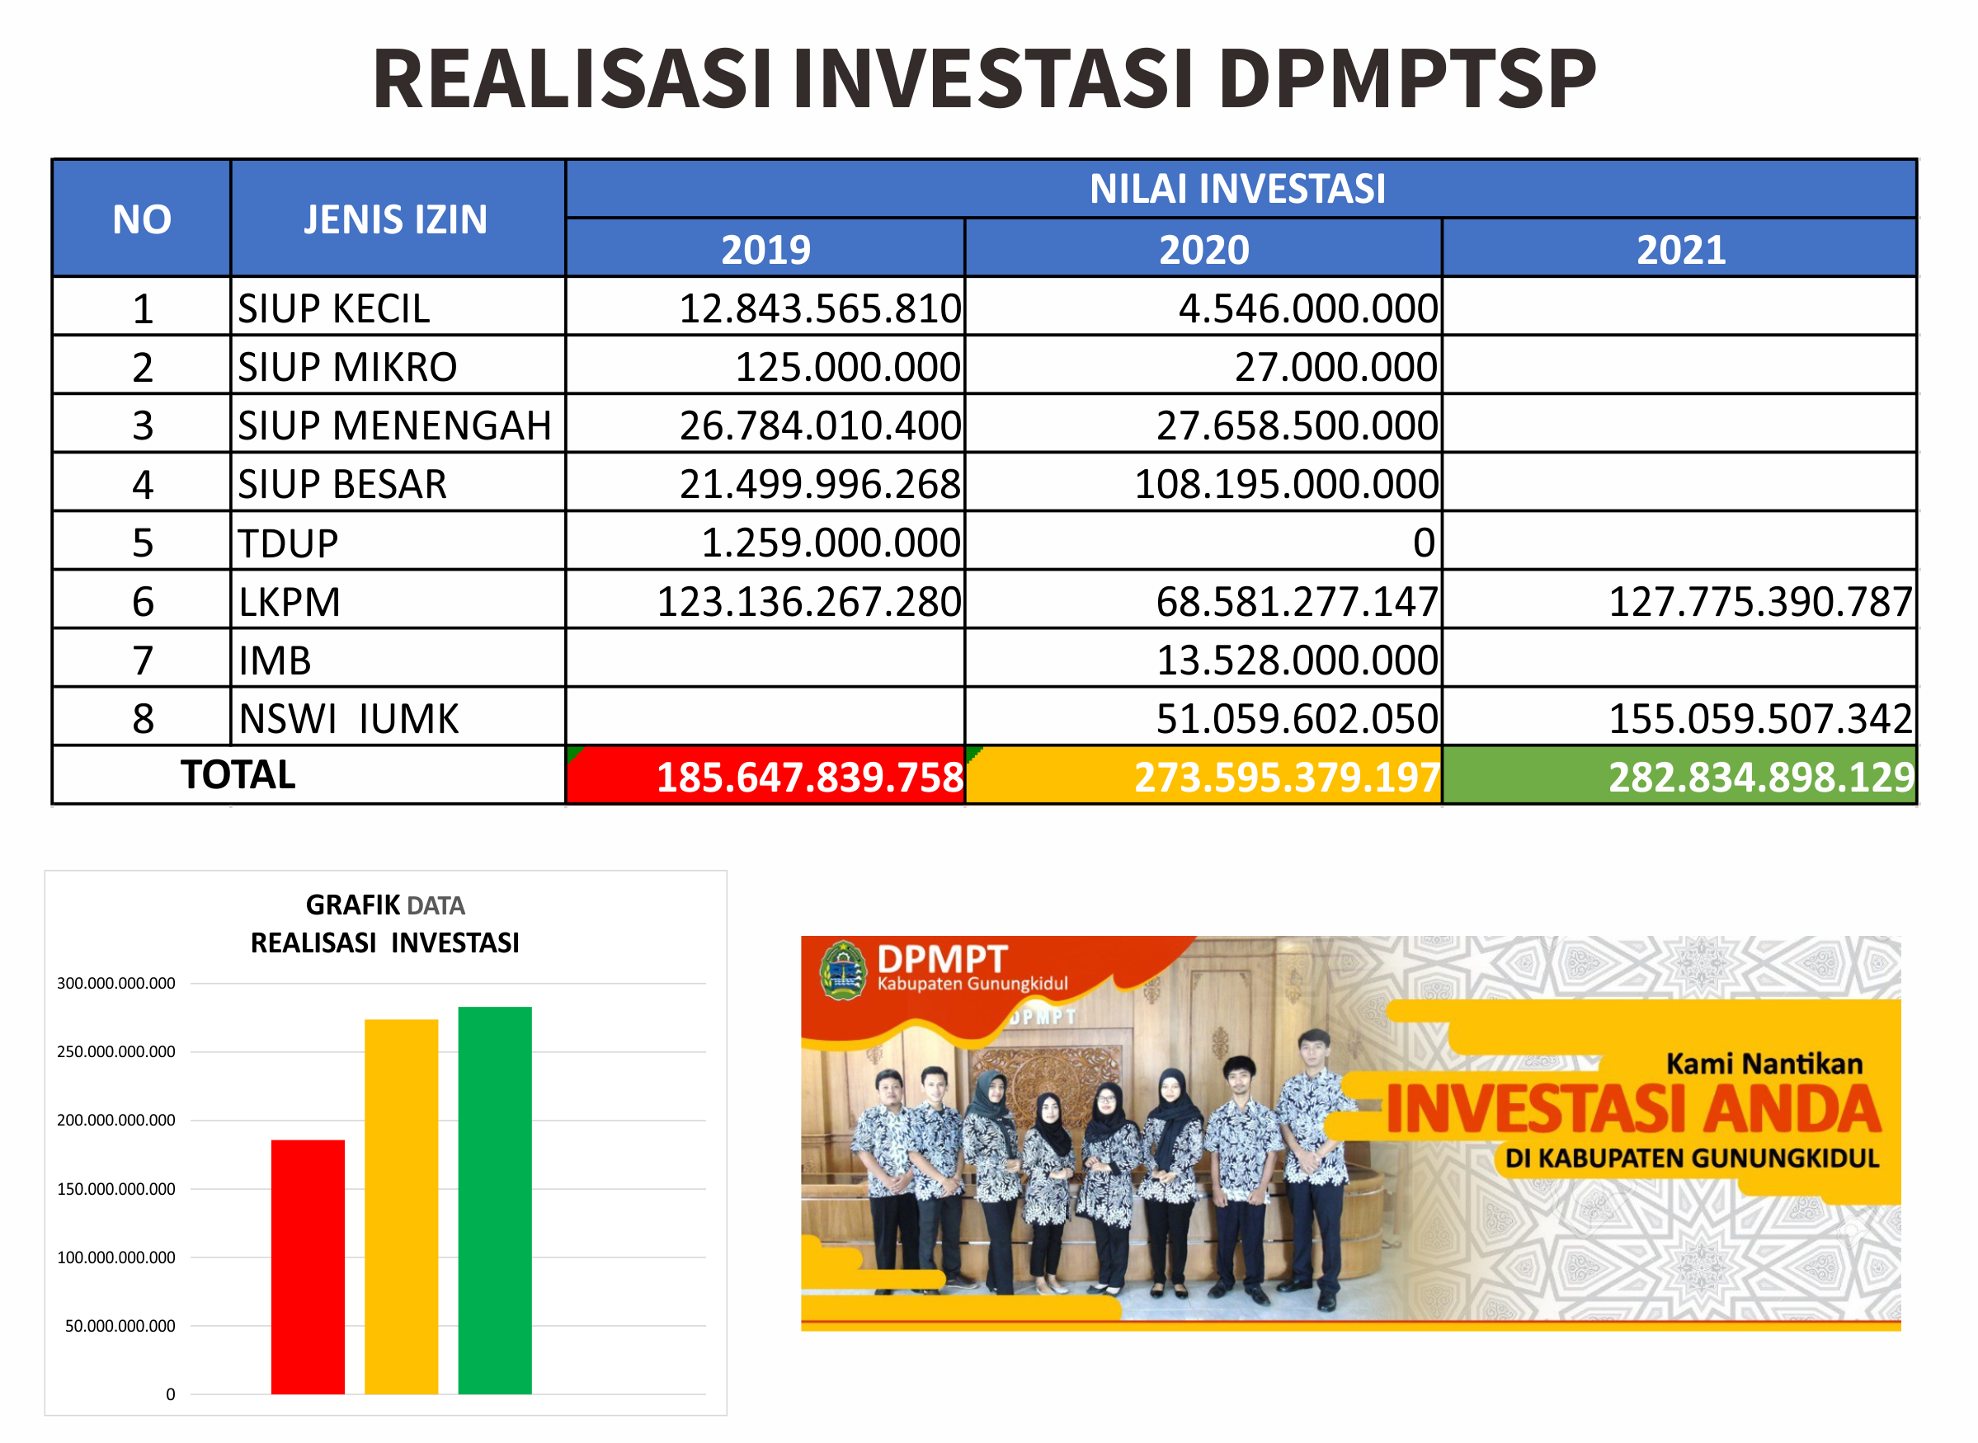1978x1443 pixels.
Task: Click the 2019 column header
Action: coord(766,250)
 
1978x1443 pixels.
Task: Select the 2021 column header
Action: coord(1682,250)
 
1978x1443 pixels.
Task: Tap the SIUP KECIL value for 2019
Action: coord(821,308)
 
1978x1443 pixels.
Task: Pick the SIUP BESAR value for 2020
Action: coord(1286,484)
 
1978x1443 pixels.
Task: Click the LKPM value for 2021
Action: coord(1761,602)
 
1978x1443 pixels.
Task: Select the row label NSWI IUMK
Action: coord(349,719)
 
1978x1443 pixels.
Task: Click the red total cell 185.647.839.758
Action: coord(766,776)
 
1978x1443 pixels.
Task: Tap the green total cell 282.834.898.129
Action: coord(1679,776)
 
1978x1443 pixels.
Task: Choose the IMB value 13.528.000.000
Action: coord(1297,660)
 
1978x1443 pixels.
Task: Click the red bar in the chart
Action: coord(308,1267)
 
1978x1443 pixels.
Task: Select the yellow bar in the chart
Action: coord(401,1206)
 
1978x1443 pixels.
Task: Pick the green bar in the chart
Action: coord(496,1201)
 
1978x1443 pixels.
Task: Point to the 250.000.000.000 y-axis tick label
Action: coord(116,1051)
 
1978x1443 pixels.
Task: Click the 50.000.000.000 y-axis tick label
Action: coord(120,1326)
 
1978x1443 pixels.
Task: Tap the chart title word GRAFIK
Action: coord(354,905)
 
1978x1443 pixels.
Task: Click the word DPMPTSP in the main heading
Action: coord(1407,78)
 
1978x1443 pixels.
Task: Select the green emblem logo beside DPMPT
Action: coord(843,971)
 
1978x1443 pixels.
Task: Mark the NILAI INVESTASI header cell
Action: coord(1241,189)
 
